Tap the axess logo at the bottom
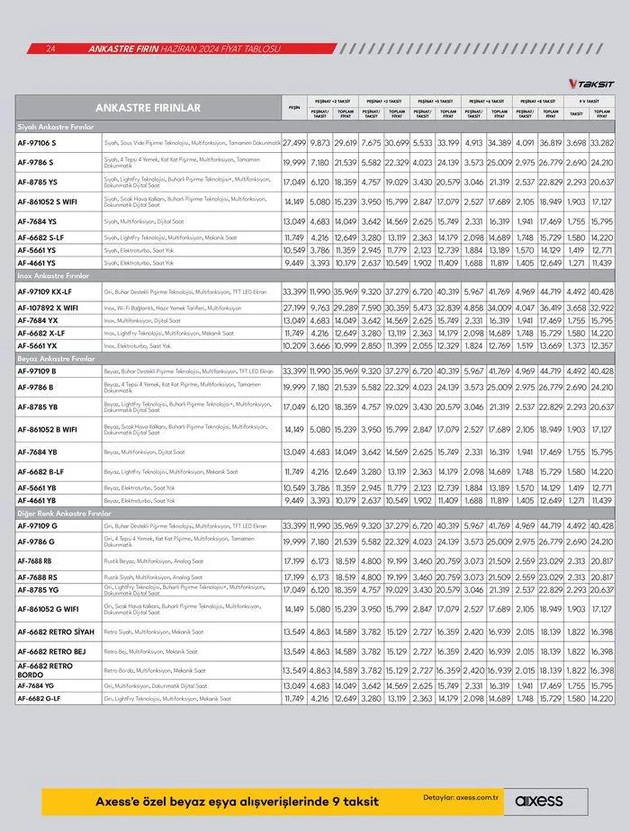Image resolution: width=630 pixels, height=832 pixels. (539, 801)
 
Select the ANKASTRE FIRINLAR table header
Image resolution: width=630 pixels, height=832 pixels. (148, 108)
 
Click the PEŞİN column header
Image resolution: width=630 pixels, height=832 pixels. (293, 108)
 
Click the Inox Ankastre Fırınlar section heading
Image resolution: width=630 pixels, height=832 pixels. (52, 276)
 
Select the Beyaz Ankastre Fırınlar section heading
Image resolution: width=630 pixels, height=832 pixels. (54, 358)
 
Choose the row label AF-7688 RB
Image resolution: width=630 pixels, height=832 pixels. (35, 560)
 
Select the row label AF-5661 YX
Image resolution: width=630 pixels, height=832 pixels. (37, 345)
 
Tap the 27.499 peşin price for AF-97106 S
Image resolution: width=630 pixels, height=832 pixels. (294, 143)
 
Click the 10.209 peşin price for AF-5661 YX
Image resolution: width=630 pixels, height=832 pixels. (294, 345)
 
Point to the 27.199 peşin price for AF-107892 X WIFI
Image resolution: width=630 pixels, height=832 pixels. (294, 307)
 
